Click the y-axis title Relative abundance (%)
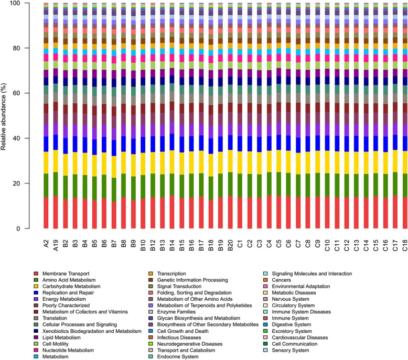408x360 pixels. point(4,116)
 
